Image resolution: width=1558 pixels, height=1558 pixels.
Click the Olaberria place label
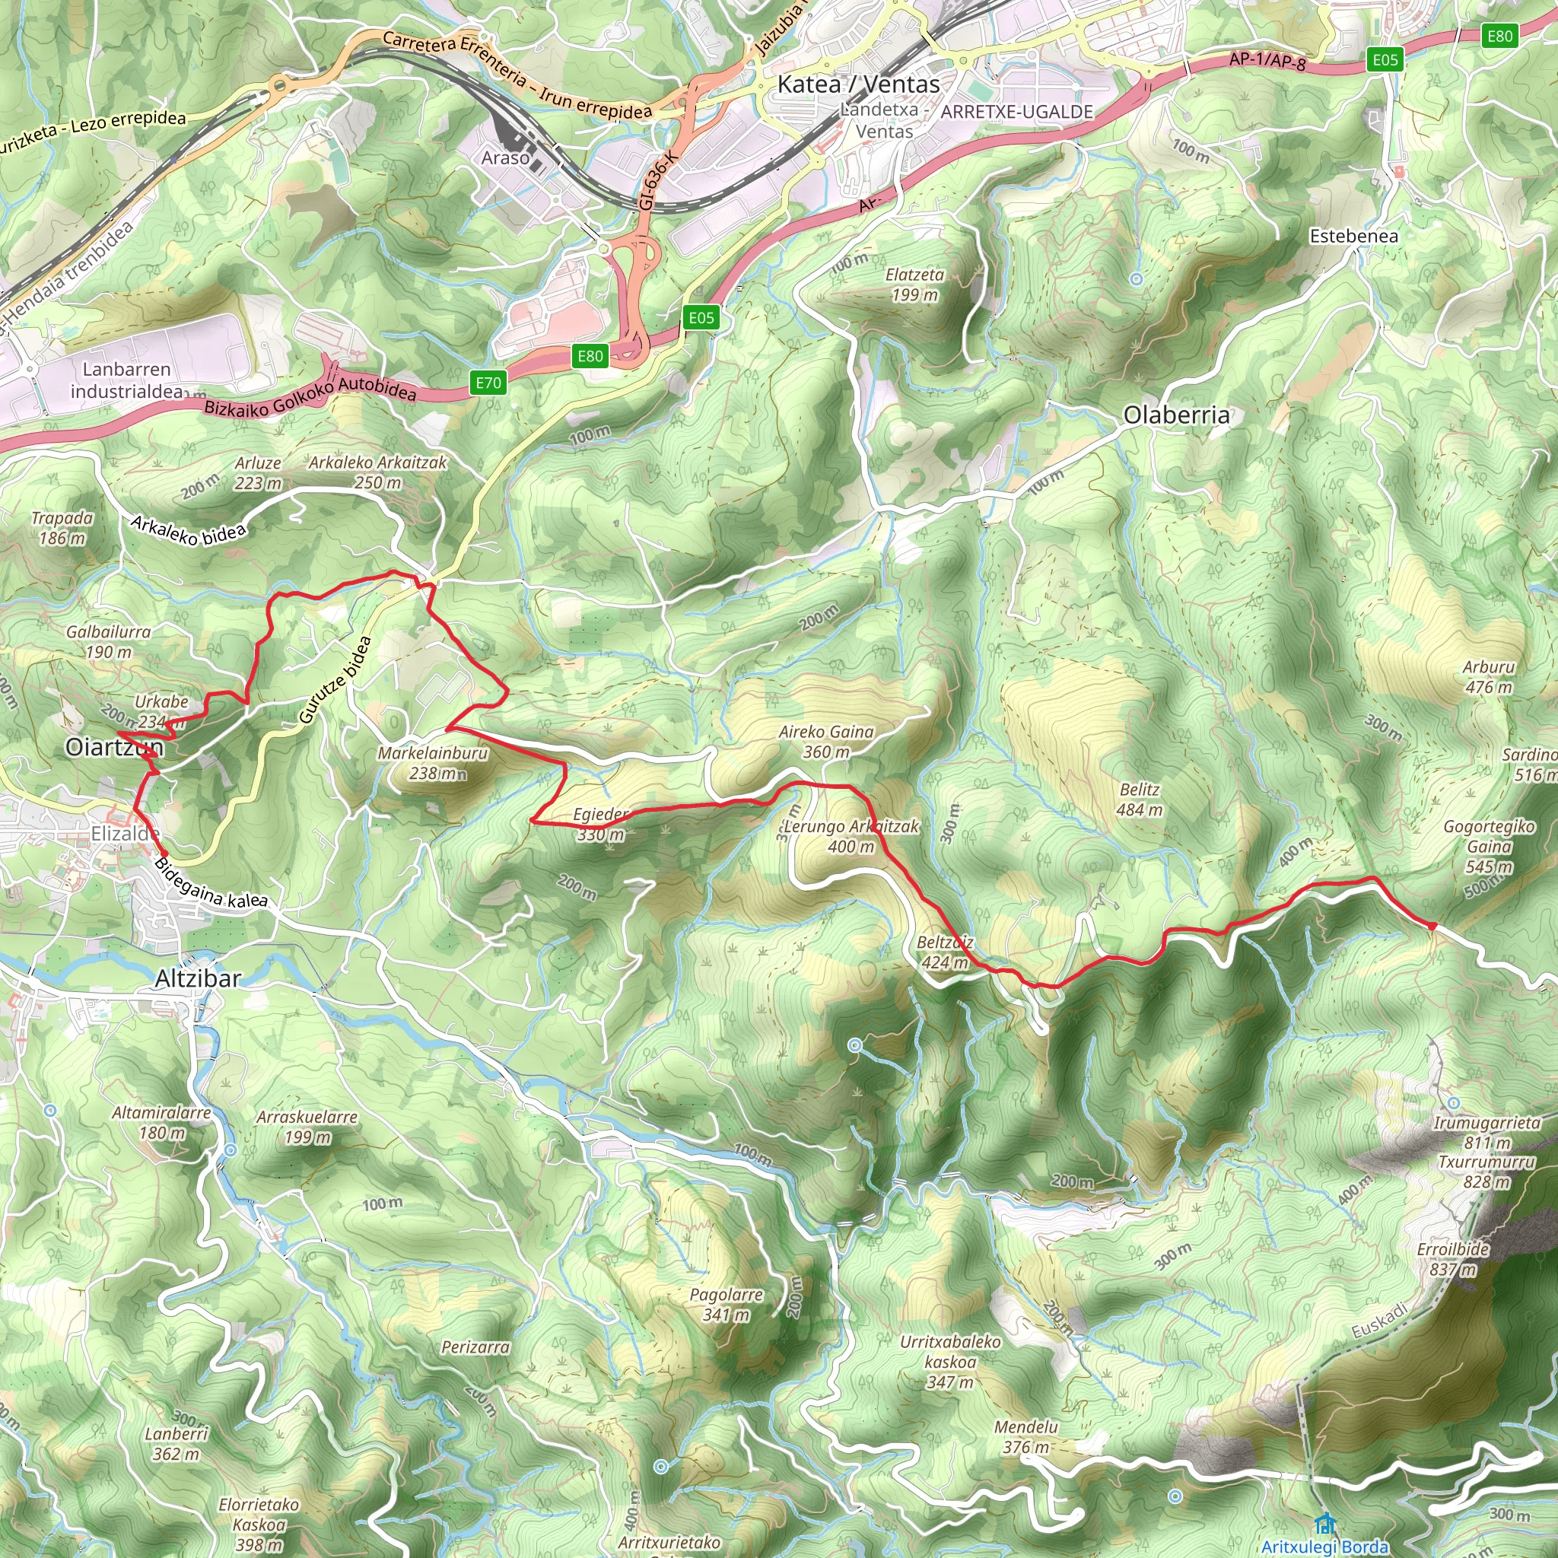click(x=1177, y=415)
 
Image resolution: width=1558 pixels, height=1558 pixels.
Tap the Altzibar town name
click(x=198, y=978)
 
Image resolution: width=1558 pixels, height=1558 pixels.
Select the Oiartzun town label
click(x=115, y=747)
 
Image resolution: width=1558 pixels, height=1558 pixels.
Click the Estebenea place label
click(x=1353, y=237)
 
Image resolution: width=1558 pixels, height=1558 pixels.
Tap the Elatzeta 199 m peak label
click(x=914, y=285)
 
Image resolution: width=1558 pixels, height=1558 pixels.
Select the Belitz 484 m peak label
click(x=1140, y=800)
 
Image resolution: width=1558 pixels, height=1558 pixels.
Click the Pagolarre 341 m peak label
click(x=726, y=1304)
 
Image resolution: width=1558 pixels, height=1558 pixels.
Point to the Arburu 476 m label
click(x=1489, y=676)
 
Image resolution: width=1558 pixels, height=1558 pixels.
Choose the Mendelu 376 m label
click(x=1025, y=1437)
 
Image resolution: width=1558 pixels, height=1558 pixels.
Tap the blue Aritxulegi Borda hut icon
click(x=1324, y=1524)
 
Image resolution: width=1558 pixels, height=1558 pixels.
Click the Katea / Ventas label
click(x=858, y=84)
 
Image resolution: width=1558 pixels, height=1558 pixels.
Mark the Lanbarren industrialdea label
click(x=126, y=380)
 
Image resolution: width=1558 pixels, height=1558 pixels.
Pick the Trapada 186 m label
click(x=62, y=527)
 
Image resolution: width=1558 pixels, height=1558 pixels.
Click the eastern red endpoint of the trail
click(x=1433, y=926)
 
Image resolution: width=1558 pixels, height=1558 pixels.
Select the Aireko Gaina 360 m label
click(x=825, y=741)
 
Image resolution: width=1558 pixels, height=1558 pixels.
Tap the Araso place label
click(x=505, y=158)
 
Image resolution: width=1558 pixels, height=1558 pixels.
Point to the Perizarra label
click(x=475, y=1347)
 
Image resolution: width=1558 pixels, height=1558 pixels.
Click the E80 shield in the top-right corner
click(x=1499, y=36)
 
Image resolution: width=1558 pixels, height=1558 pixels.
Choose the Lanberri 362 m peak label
click(x=176, y=1443)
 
